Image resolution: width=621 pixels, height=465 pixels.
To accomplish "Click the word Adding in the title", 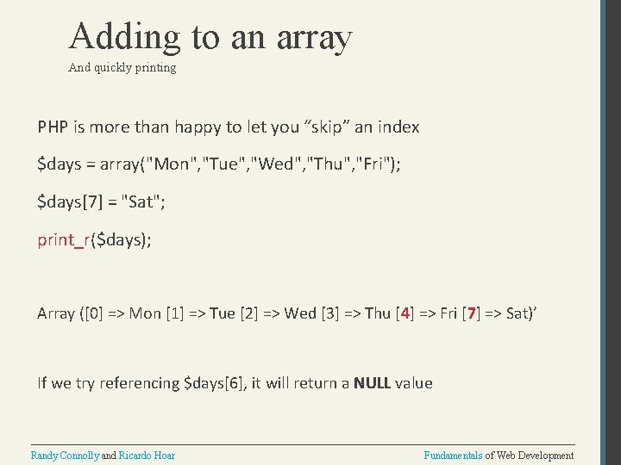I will click(125, 37).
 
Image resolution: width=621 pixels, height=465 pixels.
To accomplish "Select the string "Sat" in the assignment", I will click(141, 202).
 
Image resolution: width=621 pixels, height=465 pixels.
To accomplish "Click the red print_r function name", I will click(62, 239).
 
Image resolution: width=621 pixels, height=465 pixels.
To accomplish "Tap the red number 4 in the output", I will click(405, 313).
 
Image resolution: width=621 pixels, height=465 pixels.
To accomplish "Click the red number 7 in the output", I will click(471, 313).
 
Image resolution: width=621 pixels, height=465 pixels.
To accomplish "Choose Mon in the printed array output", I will click(145, 313).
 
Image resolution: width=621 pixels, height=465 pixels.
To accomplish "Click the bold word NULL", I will click(372, 383).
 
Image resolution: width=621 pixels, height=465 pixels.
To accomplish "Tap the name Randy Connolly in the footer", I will click(66, 455).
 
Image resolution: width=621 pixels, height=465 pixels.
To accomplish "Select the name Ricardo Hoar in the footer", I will click(147, 455).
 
